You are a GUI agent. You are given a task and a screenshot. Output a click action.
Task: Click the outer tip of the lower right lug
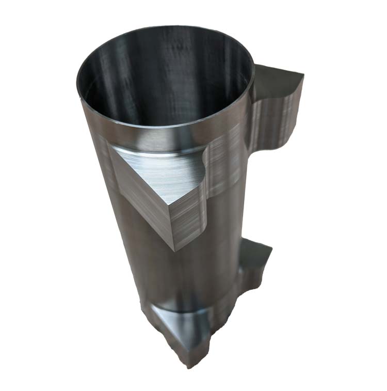(270, 251)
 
